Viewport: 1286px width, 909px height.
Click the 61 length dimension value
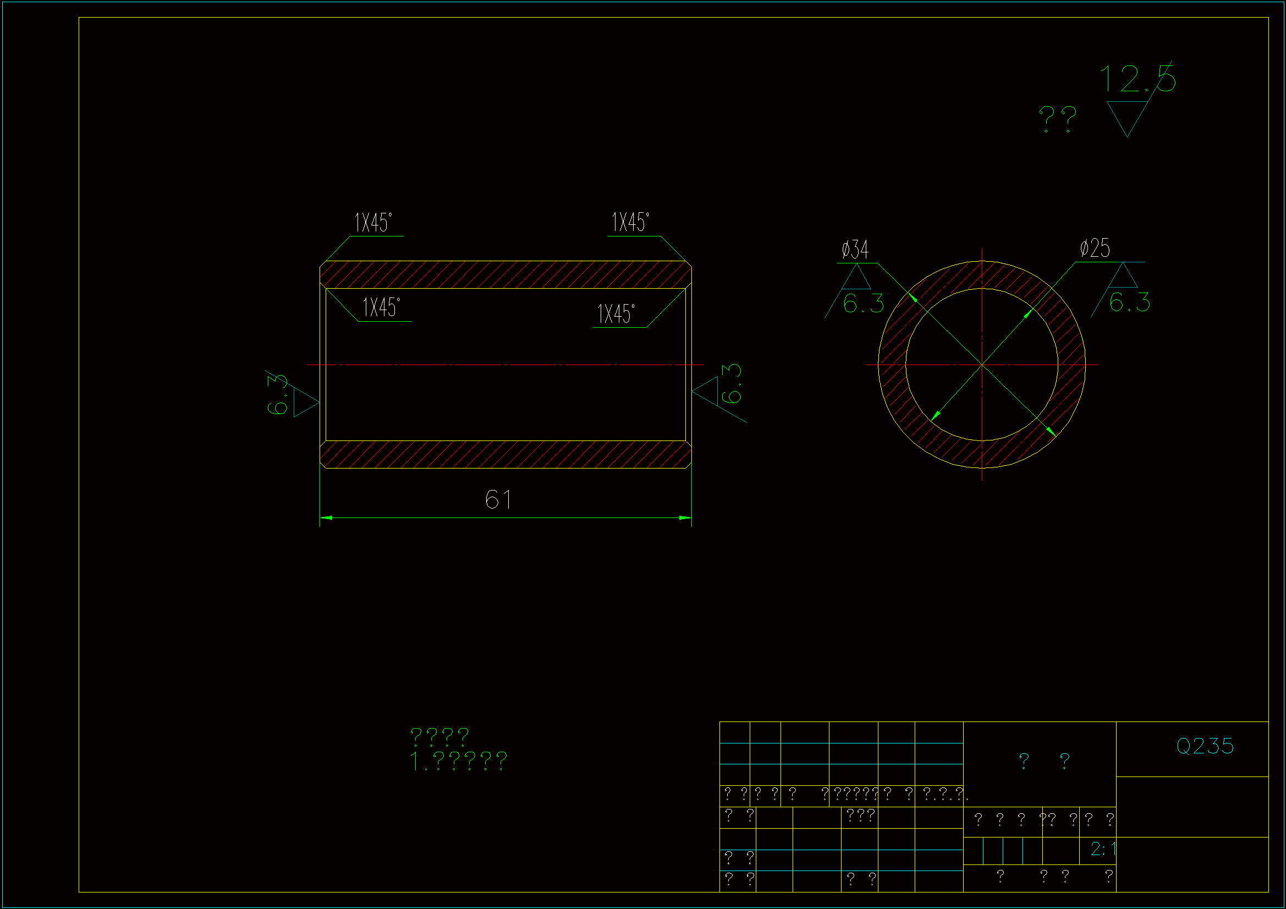coord(498,499)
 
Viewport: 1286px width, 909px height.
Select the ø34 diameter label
coord(855,250)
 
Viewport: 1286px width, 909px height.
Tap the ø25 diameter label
coord(1095,248)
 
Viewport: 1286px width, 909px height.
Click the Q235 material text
coord(1205,746)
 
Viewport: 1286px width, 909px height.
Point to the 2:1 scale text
coord(1103,849)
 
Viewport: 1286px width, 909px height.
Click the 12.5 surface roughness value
coord(1137,79)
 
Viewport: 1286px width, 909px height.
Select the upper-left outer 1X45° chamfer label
coord(373,223)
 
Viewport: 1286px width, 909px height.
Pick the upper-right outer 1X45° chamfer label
coord(630,222)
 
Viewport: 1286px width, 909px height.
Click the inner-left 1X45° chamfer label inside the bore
coord(381,307)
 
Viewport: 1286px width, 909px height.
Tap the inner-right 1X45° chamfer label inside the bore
coord(616,314)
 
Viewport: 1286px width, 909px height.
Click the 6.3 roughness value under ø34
coord(863,303)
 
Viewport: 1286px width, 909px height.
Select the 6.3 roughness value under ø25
coord(1129,302)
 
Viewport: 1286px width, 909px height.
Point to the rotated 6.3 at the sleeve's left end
coord(277,395)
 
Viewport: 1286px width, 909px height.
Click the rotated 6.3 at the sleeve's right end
coord(732,384)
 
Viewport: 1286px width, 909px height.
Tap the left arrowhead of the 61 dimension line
coord(326,518)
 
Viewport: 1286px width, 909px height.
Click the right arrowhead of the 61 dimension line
coord(685,518)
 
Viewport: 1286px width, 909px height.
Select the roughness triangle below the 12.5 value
coord(1127,115)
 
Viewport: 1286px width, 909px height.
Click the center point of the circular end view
coord(982,365)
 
